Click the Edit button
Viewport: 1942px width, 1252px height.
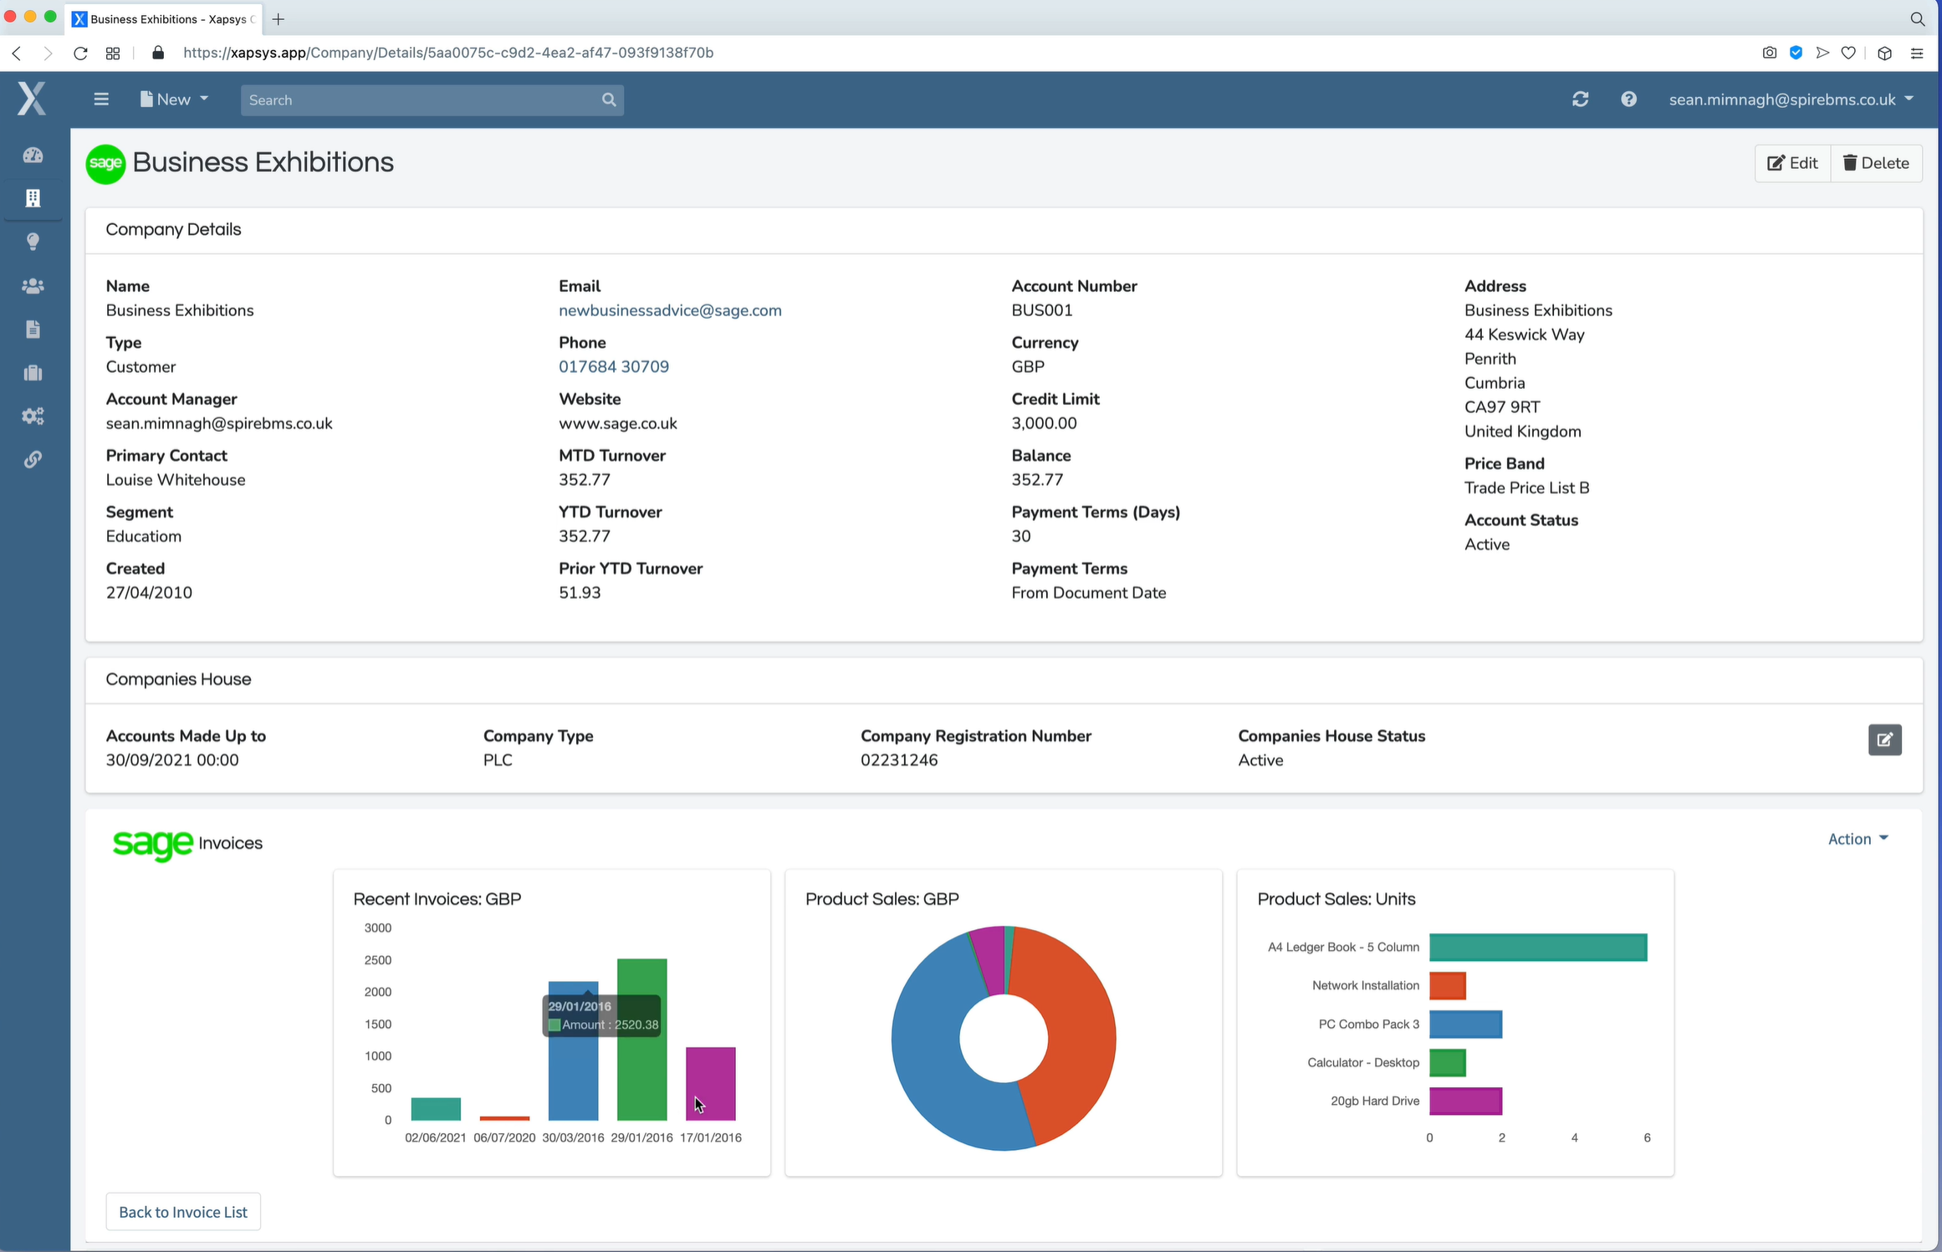pyautogui.click(x=1792, y=163)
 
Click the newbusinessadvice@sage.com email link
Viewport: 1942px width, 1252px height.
pyautogui.click(x=670, y=310)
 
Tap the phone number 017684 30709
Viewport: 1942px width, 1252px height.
pyautogui.click(x=613, y=366)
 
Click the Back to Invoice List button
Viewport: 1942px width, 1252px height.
pyautogui.click(x=183, y=1212)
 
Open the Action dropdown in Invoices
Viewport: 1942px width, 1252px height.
pyautogui.click(x=1858, y=839)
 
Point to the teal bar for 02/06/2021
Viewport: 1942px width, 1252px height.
pyautogui.click(x=436, y=1109)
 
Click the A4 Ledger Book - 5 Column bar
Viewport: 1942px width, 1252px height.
pyautogui.click(x=1538, y=947)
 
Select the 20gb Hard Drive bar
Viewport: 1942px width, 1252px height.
pyautogui.click(x=1465, y=1101)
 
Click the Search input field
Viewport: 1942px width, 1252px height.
pyautogui.click(x=422, y=100)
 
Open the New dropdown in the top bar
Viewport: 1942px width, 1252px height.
pyautogui.click(x=174, y=100)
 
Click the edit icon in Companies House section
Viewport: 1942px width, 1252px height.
pyautogui.click(x=1884, y=739)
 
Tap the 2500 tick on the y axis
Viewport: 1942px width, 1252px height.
pyautogui.click(x=378, y=960)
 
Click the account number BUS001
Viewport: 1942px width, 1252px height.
pyautogui.click(x=1041, y=310)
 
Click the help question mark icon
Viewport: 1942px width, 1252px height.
pyautogui.click(x=1628, y=100)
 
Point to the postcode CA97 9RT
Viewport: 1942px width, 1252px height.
pyautogui.click(x=1501, y=407)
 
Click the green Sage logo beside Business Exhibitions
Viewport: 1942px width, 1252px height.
pyautogui.click(x=105, y=164)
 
